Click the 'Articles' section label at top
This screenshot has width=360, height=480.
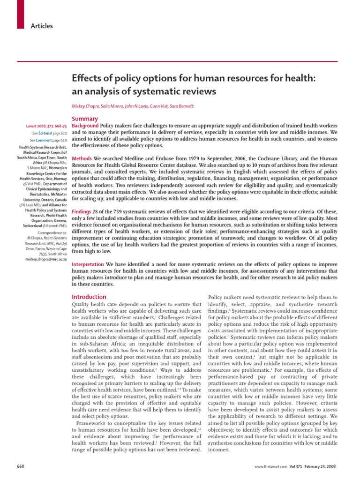point(42,26)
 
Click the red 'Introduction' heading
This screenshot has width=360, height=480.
point(89,297)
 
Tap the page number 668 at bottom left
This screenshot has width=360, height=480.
point(21,466)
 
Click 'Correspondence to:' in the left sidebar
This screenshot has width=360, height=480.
point(52,232)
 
